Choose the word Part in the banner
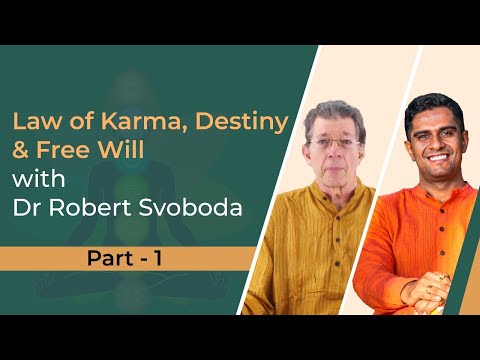pyautogui.click(x=103, y=257)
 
